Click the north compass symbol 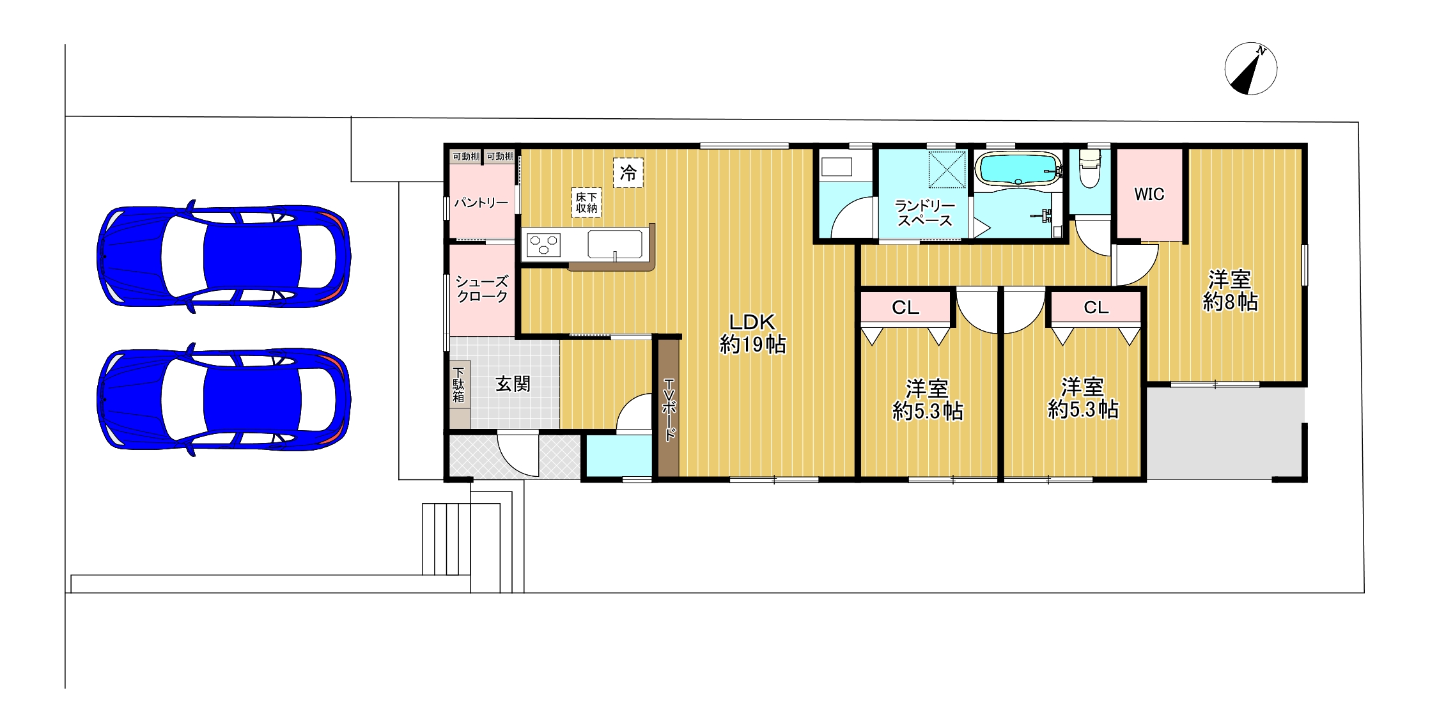pyautogui.click(x=1250, y=69)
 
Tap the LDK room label pyautogui.click(x=752, y=333)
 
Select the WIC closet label pyautogui.click(x=1149, y=194)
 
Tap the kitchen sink pyautogui.click(x=614, y=245)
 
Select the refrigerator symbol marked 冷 pyautogui.click(x=628, y=173)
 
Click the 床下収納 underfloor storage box pyautogui.click(x=586, y=203)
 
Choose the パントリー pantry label pyautogui.click(x=481, y=203)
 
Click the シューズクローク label pyautogui.click(x=482, y=289)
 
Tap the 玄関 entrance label pyautogui.click(x=513, y=384)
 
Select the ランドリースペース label pyautogui.click(x=924, y=213)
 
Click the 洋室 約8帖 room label pyautogui.click(x=1230, y=291)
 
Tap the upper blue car pyautogui.click(x=223, y=256)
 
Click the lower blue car pyautogui.click(x=223, y=399)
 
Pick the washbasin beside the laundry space pyautogui.click(x=837, y=167)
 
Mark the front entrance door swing pyautogui.click(x=518, y=455)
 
